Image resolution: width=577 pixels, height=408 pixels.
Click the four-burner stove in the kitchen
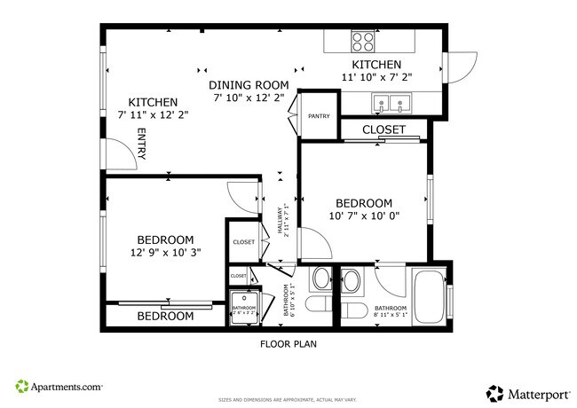[362, 42]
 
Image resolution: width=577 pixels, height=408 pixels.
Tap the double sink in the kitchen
[391, 105]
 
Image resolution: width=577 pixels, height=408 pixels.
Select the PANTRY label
[319, 116]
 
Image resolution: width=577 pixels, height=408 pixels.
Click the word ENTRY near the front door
[141, 144]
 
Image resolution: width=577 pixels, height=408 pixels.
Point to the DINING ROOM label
[249, 85]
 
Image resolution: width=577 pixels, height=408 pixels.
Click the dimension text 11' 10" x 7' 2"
[376, 78]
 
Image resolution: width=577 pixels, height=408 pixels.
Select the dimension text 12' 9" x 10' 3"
[165, 252]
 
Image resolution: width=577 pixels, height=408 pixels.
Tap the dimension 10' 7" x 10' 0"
[364, 216]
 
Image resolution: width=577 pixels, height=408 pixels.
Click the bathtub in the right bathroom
[430, 296]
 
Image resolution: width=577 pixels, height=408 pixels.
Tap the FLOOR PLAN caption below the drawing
[288, 343]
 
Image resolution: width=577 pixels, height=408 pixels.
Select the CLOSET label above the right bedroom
[383, 129]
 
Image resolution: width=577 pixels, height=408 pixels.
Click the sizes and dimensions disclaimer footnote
[288, 400]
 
